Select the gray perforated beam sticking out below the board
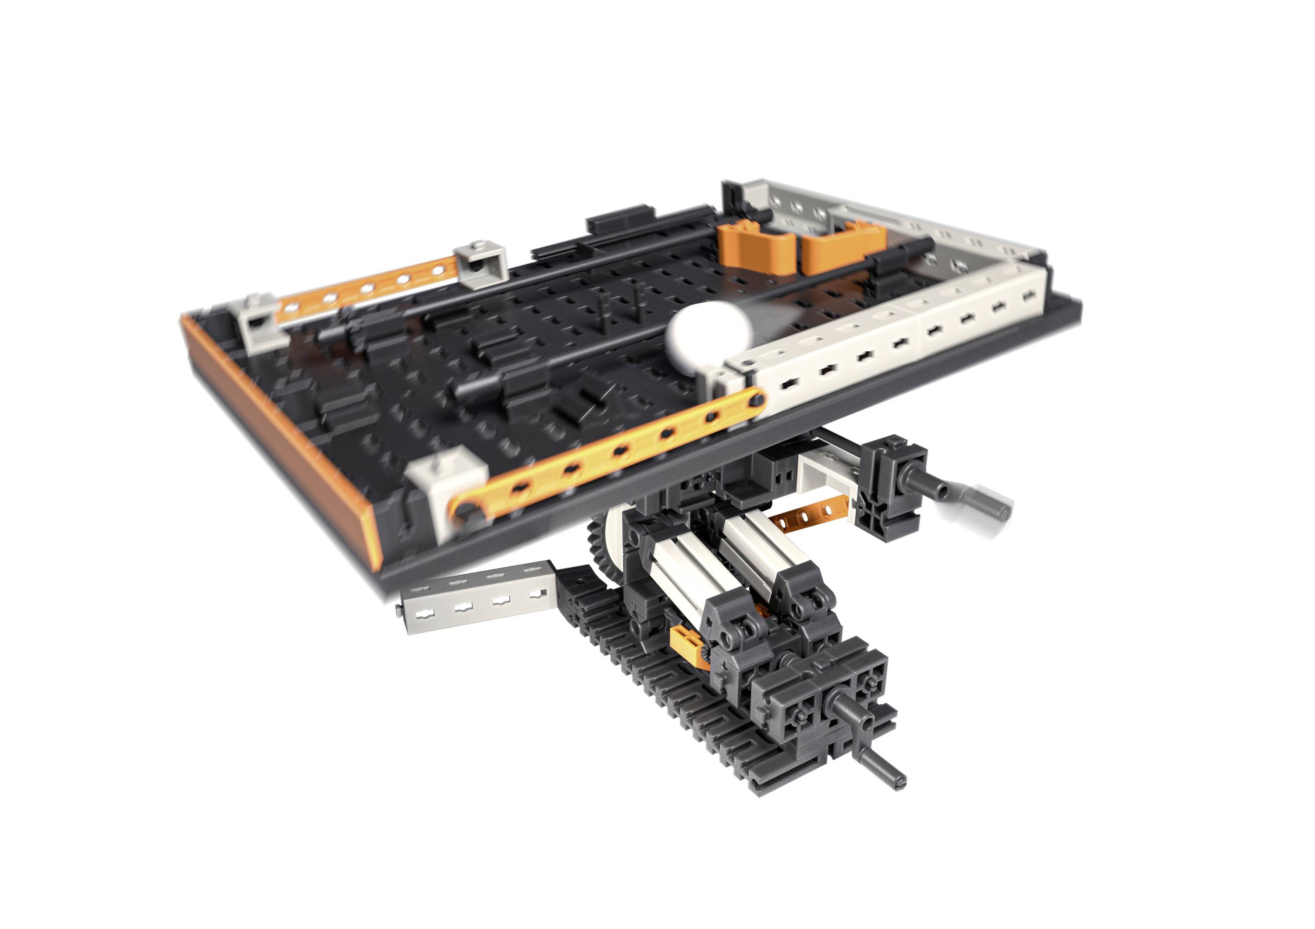pyautogui.click(x=475, y=601)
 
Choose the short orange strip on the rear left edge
pyautogui.click(x=366, y=286)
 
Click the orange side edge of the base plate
pyautogui.click(x=281, y=441)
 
